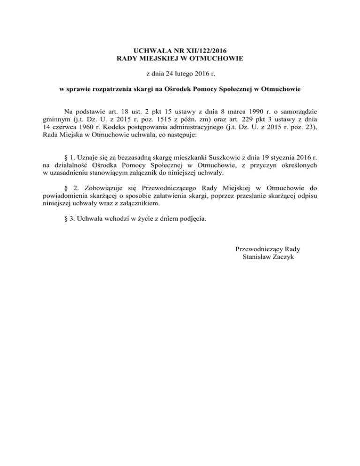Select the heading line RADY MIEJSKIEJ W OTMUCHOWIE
click(x=180, y=58)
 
